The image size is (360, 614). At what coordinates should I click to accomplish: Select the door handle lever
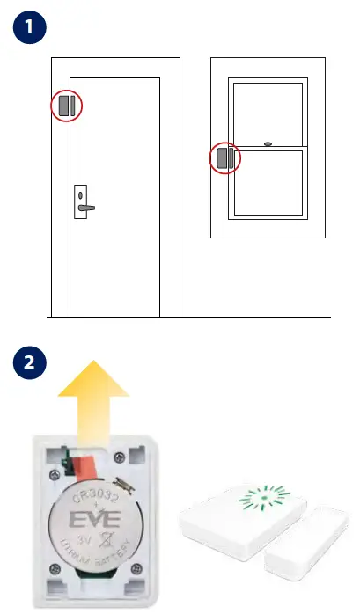point(86,208)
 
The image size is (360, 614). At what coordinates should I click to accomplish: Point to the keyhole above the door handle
point(80,195)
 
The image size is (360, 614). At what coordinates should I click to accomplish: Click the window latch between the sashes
point(268,143)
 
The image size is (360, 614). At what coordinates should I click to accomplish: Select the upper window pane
point(267,112)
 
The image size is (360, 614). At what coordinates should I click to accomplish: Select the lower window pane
point(267,183)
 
